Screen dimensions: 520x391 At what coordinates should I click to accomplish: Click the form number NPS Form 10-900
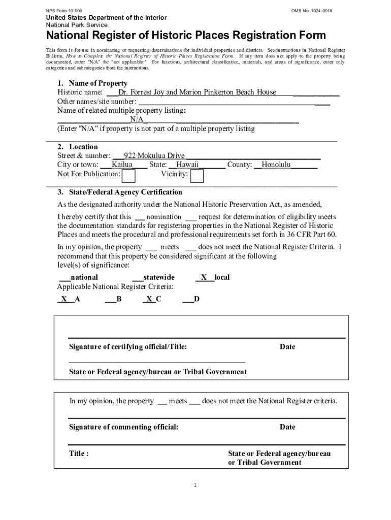click(x=64, y=11)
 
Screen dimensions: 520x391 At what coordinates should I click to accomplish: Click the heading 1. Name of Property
click(x=92, y=83)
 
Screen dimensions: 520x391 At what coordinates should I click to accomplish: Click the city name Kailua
click(x=122, y=165)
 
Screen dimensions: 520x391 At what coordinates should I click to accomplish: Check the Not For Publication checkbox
click(x=129, y=176)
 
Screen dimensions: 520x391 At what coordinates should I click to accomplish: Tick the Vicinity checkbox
click(x=197, y=176)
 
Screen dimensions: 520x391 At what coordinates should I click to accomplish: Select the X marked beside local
click(x=204, y=277)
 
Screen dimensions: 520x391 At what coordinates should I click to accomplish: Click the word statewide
click(x=159, y=277)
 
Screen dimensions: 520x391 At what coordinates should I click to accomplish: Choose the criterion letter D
click(x=197, y=299)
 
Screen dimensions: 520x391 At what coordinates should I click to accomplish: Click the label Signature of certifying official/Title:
click(x=128, y=347)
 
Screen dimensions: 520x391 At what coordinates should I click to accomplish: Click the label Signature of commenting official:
click(x=123, y=427)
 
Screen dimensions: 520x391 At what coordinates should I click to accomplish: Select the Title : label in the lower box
click(x=79, y=453)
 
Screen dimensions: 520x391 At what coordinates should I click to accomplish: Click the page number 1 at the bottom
click(x=195, y=485)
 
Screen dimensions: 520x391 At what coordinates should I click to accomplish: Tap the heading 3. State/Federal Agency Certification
click(x=119, y=192)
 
